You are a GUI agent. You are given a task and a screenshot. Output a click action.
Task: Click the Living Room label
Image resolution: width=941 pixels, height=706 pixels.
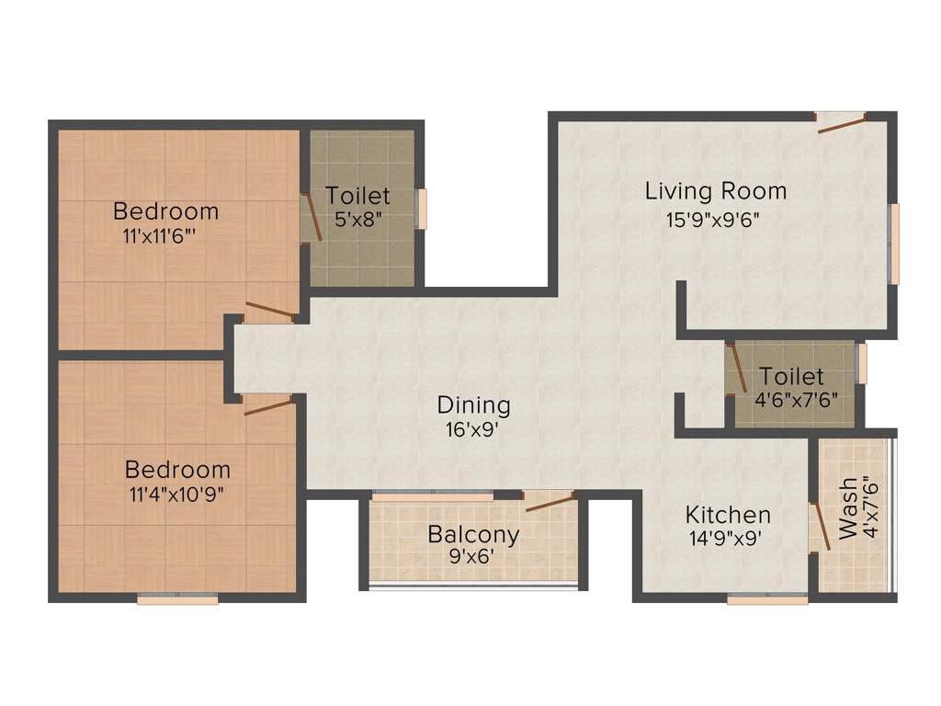tap(715, 191)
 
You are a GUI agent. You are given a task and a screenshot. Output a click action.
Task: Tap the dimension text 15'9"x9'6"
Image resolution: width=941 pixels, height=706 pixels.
tap(713, 220)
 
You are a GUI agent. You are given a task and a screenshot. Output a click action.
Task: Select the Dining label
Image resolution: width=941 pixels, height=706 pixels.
tap(473, 404)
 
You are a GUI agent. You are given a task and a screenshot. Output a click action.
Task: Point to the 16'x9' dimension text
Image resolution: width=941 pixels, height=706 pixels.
tap(473, 427)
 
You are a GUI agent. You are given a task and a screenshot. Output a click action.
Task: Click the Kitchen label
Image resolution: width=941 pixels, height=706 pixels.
tap(728, 514)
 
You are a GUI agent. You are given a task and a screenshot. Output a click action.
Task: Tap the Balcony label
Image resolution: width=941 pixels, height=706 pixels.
tap(473, 534)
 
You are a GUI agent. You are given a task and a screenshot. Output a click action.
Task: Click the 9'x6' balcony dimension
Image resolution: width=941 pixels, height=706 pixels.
tap(473, 557)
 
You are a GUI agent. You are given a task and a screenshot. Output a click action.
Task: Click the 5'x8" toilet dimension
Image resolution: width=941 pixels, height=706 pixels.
tap(357, 220)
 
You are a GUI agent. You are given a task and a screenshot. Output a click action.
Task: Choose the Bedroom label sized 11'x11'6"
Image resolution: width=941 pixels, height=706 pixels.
tap(165, 211)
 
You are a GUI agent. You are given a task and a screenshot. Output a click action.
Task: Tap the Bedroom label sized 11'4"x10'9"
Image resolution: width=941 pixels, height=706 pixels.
tap(177, 468)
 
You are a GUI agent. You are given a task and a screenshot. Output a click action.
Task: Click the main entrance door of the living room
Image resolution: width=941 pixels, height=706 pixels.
tap(841, 123)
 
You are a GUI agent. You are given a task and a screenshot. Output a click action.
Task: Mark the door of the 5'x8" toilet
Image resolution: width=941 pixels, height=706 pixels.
tap(312, 217)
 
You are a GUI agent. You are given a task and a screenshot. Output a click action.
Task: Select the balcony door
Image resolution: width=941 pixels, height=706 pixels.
tap(549, 502)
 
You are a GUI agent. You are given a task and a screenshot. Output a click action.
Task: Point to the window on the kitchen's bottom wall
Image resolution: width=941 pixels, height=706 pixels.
tap(767, 599)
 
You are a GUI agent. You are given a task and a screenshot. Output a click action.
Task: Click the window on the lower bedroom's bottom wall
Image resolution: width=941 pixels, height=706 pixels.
tap(177, 599)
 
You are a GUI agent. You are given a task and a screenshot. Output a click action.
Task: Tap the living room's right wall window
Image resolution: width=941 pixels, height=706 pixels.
tap(893, 244)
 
